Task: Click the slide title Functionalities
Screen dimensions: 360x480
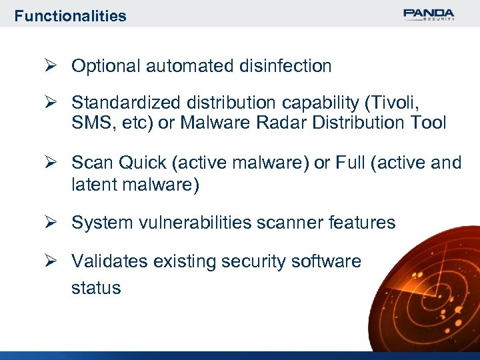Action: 70,16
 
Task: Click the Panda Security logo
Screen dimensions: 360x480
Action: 429,15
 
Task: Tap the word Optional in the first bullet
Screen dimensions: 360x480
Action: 105,66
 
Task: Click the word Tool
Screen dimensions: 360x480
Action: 427,123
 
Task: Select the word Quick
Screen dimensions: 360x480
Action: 138,163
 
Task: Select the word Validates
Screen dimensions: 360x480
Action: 110,261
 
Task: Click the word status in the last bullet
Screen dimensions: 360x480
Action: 96,288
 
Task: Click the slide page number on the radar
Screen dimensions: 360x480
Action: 451,341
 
